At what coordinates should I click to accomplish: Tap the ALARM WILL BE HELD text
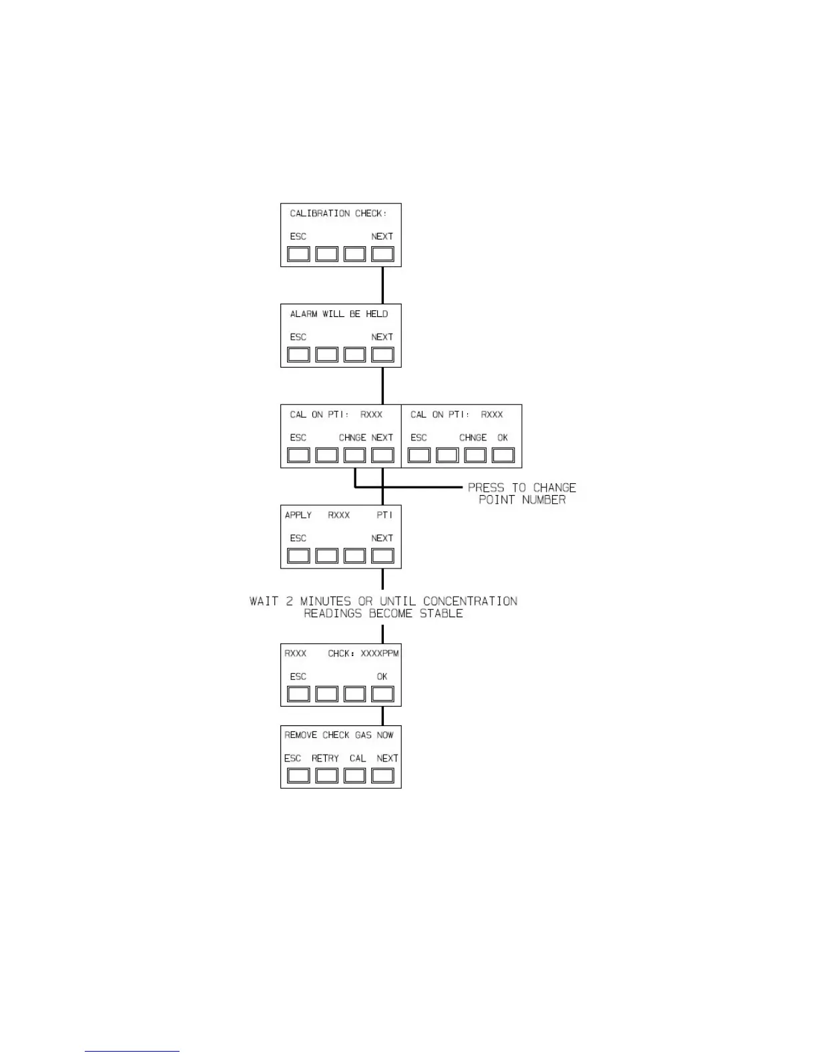click(x=338, y=314)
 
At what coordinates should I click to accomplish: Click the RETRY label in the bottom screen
click(x=325, y=758)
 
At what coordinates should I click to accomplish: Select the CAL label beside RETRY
click(x=358, y=758)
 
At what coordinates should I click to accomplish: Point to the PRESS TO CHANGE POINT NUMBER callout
click(x=522, y=494)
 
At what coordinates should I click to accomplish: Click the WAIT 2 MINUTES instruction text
click(x=383, y=607)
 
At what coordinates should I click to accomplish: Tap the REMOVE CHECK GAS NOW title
click(x=339, y=735)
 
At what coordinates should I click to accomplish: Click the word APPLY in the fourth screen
click(x=298, y=515)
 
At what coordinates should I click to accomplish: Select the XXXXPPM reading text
click(x=380, y=653)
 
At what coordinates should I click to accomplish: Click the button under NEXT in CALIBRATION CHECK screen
click(x=382, y=254)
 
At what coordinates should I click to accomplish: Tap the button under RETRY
click(x=326, y=775)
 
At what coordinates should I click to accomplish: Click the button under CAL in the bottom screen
click(x=354, y=775)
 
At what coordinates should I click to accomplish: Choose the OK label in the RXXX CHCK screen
click(x=382, y=677)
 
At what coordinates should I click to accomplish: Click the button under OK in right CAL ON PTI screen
click(x=503, y=455)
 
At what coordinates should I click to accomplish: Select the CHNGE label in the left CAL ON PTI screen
click(x=352, y=438)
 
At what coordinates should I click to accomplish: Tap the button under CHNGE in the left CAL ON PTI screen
click(x=354, y=455)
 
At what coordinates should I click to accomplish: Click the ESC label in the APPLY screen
click(x=298, y=538)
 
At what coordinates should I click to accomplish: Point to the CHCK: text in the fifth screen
click(x=341, y=653)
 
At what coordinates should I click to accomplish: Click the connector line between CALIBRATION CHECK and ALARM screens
click(x=382, y=285)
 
